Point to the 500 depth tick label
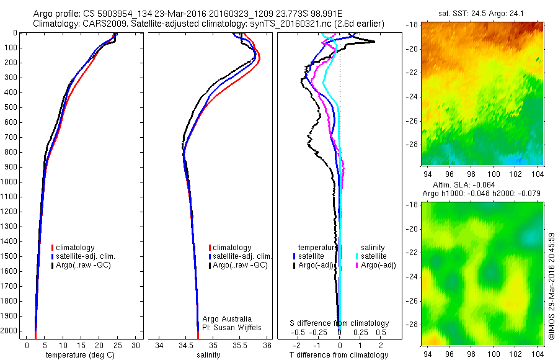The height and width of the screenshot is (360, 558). point(11,107)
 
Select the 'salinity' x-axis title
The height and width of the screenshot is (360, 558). point(208,355)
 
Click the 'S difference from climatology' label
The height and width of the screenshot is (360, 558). point(340,323)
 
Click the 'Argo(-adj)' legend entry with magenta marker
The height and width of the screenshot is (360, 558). point(378,265)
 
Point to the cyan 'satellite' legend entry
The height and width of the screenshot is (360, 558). point(374,256)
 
